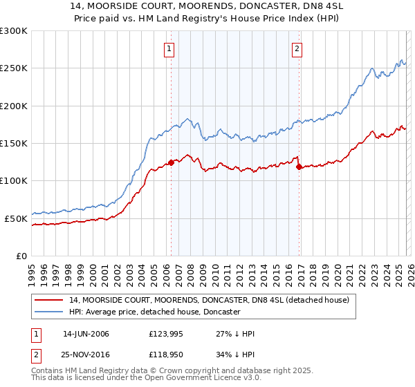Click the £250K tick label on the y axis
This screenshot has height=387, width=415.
(13, 68)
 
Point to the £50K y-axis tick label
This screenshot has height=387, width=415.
(16, 218)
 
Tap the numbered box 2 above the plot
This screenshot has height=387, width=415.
(297, 48)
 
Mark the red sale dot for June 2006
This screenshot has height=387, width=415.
(171, 163)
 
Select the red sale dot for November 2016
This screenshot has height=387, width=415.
(299, 167)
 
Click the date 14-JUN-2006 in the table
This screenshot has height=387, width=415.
(86, 334)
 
